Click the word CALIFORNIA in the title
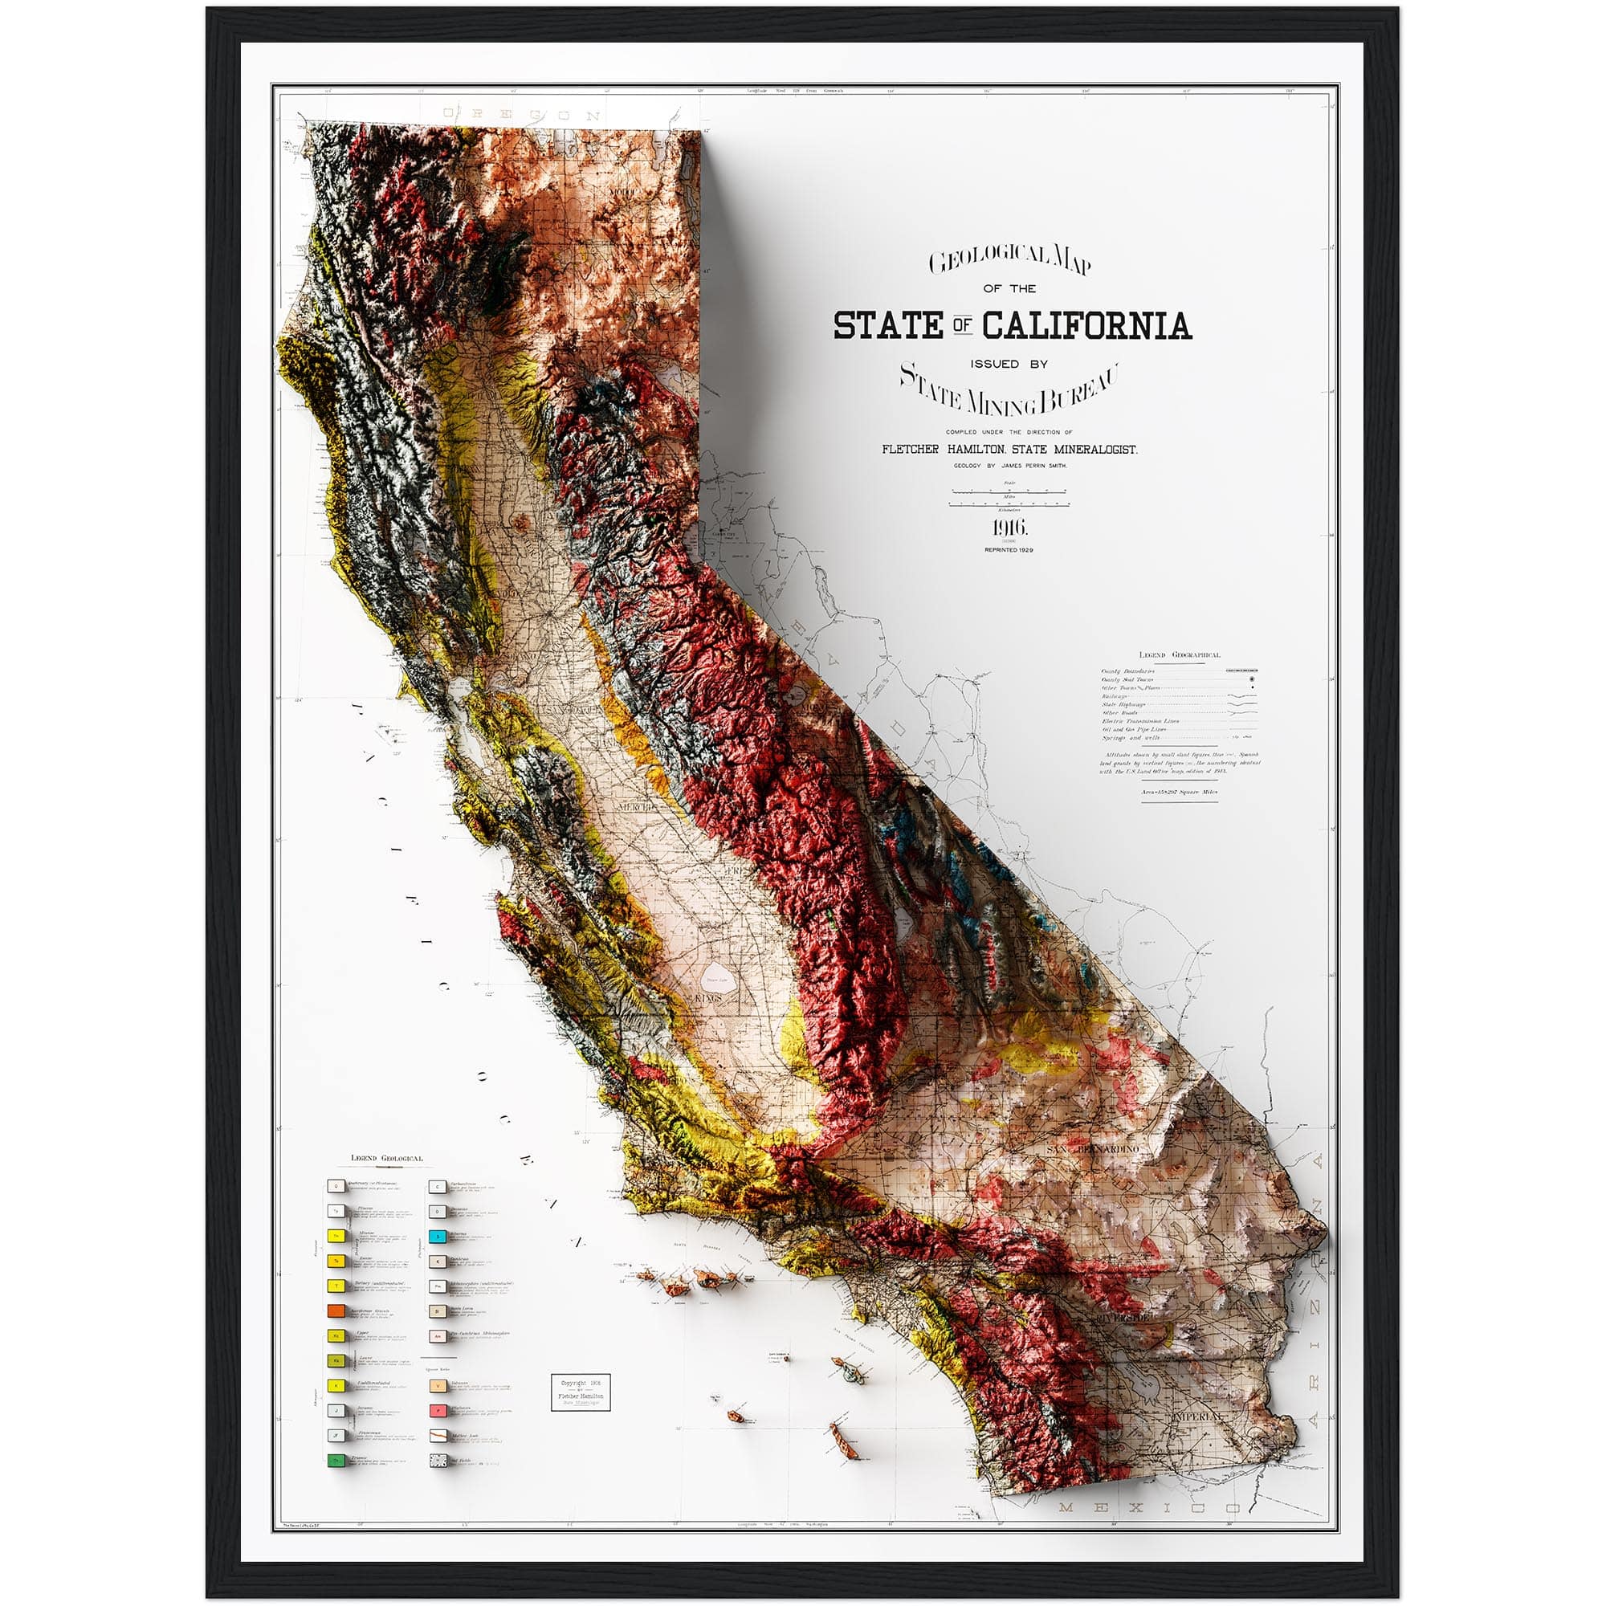1086,325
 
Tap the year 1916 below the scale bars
1010,527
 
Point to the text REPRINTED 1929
1009,549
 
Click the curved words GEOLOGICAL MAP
1010,260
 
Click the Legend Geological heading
386,1158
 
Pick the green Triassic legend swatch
336,1460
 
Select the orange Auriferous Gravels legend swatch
336,1311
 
